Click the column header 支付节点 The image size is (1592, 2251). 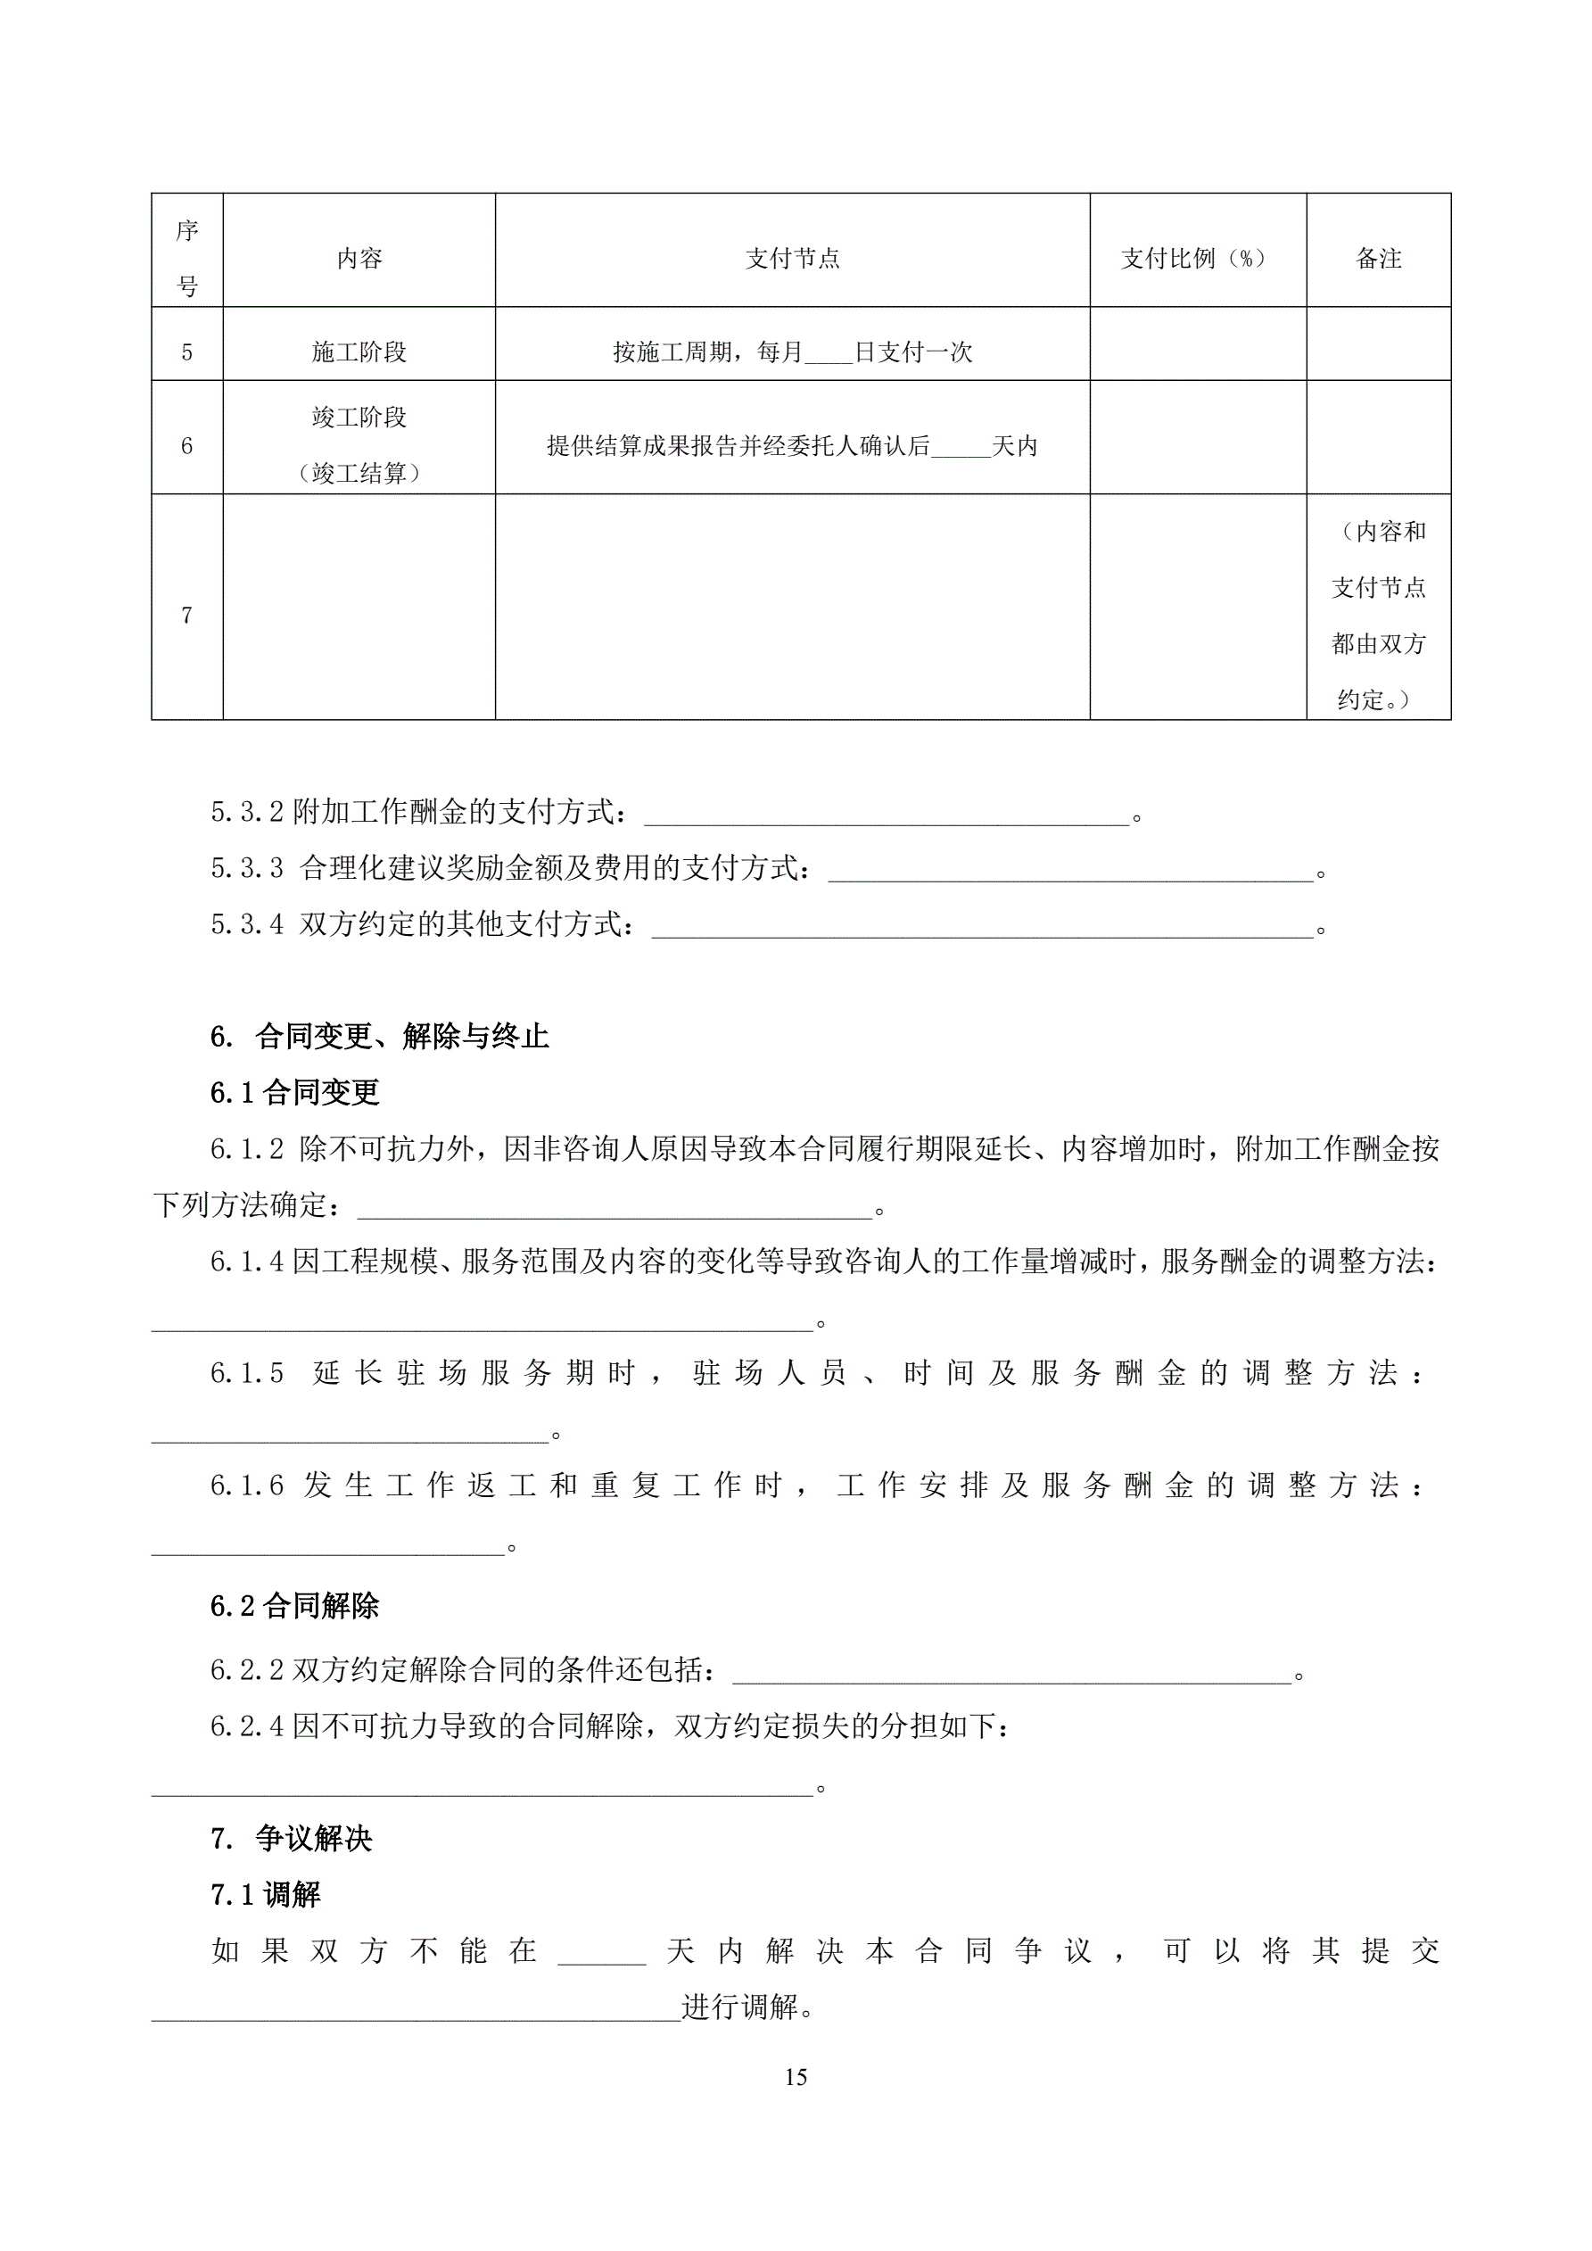coord(792,259)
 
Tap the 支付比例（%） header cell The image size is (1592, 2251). coord(1197,259)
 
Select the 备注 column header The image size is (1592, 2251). coord(1377,259)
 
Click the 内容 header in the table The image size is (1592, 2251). coord(359,259)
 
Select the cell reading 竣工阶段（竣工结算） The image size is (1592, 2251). coord(359,445)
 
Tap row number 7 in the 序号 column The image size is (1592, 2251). coord(187,616)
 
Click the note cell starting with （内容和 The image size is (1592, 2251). coord(1377,615)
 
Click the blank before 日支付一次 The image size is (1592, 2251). coord(829,355)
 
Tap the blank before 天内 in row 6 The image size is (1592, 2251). coord(961,449)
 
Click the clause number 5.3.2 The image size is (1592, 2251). coord(247,812)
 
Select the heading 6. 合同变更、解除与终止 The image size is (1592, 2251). coord(379,1037)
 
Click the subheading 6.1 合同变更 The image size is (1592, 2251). coord(294,1092)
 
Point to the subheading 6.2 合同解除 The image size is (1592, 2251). coord(294,1606)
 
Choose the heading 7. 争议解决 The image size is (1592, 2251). coord(291,1838)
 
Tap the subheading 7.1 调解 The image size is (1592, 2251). coord(266,1894)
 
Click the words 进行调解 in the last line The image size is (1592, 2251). coord(741,2007)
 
